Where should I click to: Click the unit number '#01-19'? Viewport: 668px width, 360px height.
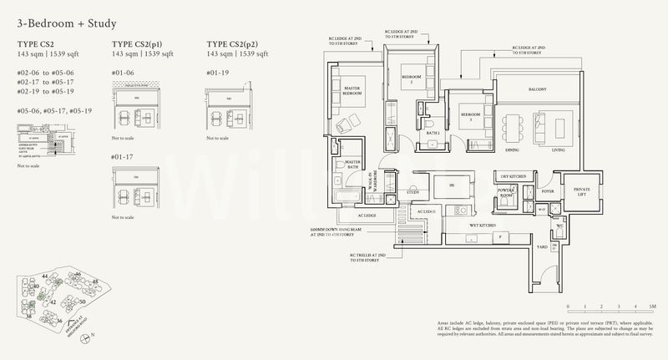click(x=216, y=73)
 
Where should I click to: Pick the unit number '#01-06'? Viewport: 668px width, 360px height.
click(x=123, y=73)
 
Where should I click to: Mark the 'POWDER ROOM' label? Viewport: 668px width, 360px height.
click(x=506, y=194)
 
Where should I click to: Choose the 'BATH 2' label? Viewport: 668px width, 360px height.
click(x=433, y=133)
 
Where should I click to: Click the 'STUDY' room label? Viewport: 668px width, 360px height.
click(x=413, y=192)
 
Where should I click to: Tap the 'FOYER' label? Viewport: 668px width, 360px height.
click(x=547, y=190)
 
